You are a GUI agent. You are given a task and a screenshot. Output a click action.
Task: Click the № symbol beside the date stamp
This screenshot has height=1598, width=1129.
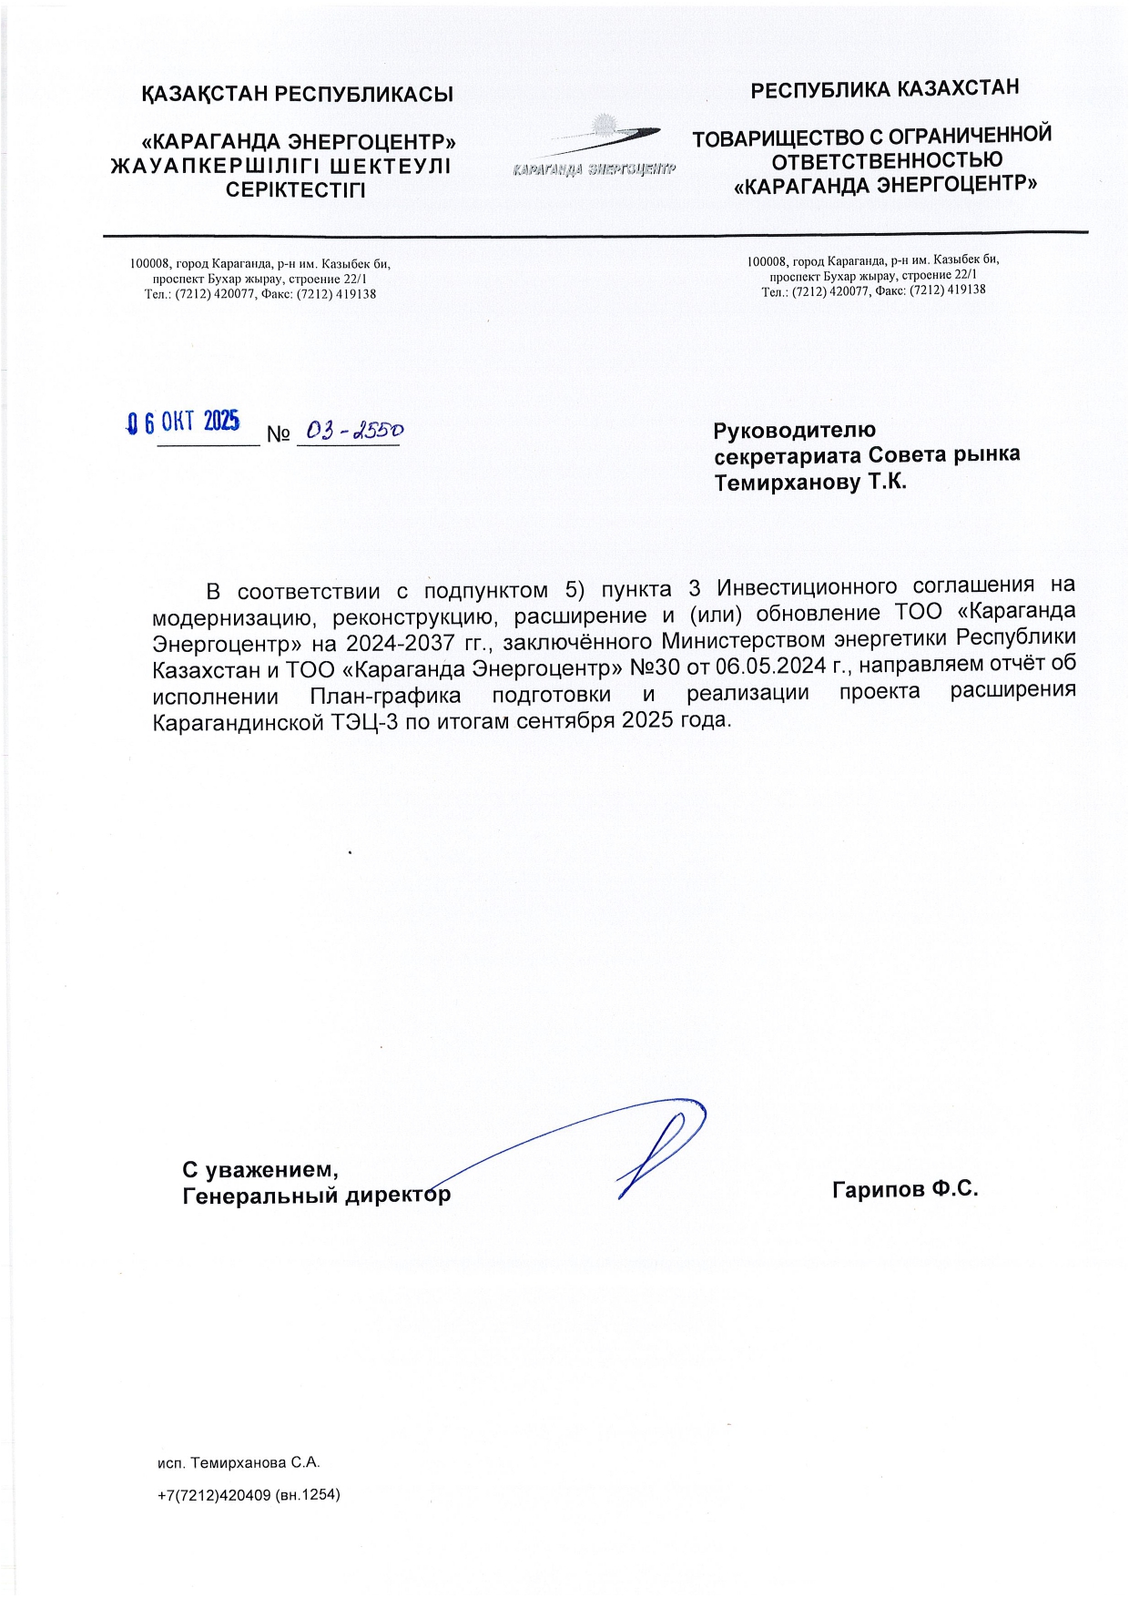278,435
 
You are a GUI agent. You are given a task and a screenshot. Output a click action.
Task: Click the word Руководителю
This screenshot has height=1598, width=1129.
794,430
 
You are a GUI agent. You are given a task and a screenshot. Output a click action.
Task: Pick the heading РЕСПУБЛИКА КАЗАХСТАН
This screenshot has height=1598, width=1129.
884,89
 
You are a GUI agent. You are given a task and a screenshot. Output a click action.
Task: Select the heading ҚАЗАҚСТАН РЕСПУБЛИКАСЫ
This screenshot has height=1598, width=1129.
298,95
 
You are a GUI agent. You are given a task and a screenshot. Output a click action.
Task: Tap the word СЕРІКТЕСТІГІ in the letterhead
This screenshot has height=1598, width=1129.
296,190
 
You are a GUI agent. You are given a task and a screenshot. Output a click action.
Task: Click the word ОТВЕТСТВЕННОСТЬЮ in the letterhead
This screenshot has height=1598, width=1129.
887,161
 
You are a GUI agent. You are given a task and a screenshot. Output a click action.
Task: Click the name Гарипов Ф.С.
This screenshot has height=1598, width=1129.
904,1188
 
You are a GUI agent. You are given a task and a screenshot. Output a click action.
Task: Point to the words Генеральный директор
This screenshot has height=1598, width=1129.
316,1195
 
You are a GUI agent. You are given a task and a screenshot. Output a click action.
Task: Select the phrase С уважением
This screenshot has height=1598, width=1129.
260,1169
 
